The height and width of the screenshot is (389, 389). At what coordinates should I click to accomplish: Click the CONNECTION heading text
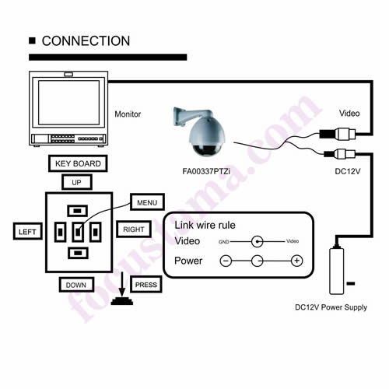point(86,41)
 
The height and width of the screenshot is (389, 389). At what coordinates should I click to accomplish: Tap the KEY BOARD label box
point(78,163)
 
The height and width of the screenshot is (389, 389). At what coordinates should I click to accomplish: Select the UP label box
point(77,182)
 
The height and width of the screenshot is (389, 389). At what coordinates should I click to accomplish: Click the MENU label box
point(147,202)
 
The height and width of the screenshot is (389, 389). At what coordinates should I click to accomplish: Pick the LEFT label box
point(27,231)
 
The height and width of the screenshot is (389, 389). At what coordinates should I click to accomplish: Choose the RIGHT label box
point(134,230)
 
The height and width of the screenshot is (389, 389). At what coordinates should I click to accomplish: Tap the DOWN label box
point(76,285)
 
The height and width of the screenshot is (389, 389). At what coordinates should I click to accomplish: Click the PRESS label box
point(146,285)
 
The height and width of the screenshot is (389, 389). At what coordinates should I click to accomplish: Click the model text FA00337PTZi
point(206,171)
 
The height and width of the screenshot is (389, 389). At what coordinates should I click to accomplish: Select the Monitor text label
point(128,114)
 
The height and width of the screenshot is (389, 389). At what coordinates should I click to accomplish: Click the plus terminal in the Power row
point(297,261)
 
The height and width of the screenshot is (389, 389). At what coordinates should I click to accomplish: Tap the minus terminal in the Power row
point(226,261)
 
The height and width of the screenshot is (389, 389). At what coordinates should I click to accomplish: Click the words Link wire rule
point(205,225)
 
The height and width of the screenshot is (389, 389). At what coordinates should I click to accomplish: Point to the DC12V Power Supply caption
point(331,307)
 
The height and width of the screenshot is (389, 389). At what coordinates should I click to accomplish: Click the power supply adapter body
point(337,271)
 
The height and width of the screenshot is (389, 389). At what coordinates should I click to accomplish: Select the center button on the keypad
point(78,232)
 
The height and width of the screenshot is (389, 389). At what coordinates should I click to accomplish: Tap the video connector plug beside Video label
point(338,134)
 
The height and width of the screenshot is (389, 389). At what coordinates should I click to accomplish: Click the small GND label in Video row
point(224,242)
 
